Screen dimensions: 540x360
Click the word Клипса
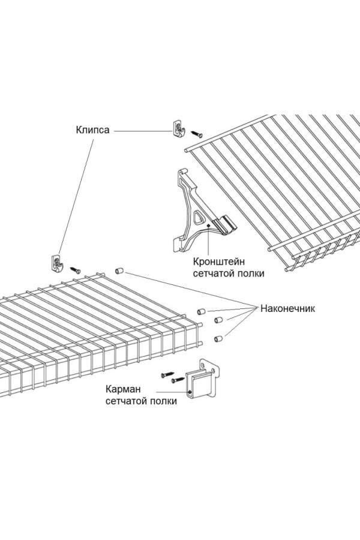(x=93, y=130)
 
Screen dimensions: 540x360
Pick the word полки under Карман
(x=162, y=401)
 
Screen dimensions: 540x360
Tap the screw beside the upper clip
(x=197, y=133)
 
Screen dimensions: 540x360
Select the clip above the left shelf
(x=58, y=263)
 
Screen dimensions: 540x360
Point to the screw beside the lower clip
(x=77, y=269)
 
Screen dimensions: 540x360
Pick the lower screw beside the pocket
(x=178, y=380)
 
